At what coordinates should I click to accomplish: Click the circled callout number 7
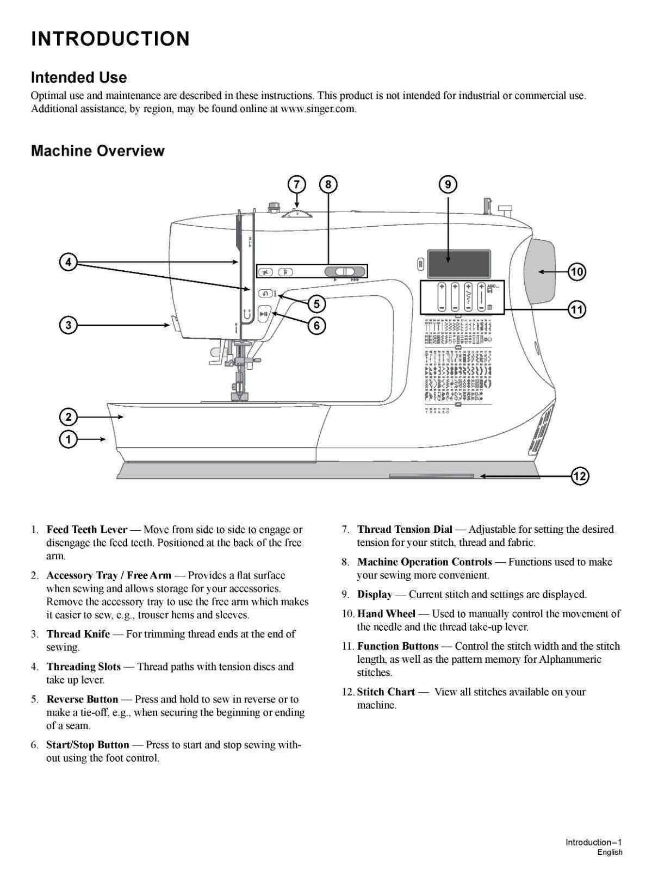296,184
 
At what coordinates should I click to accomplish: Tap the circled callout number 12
580,476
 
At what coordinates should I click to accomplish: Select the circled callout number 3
68,325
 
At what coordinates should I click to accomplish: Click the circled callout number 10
576,271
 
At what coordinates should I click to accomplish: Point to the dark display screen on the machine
458,263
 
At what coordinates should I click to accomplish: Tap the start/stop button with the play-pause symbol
264,314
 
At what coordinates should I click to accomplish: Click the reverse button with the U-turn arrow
265,293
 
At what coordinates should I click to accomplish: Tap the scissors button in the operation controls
265,272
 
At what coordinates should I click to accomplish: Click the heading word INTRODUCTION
110,39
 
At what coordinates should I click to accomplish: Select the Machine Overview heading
98,151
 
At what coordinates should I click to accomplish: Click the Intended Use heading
79,77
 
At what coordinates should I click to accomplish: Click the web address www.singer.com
318,108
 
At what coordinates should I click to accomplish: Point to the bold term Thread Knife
78,634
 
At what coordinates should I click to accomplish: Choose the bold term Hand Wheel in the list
386,614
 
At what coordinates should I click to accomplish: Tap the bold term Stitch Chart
386,692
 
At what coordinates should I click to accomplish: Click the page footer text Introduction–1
593,842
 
